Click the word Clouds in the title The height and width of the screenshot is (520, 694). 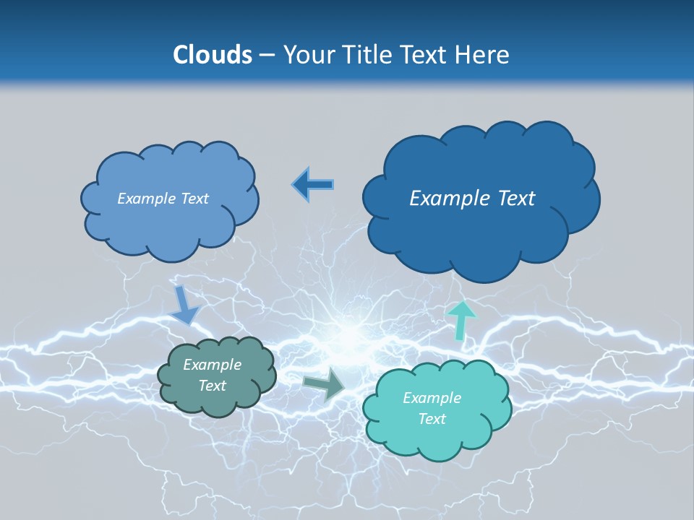pyautogui.click(x=212, y=55)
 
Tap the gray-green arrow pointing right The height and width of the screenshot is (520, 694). pyautogui.click(x=325, y=384)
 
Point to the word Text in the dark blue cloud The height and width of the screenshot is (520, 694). pyautogui.click(x=515, y=198)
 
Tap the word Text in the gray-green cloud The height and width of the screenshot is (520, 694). pyautogui.click(x=212, y=386)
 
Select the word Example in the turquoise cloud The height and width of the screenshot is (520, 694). pyautogui.click(x=432, y=398)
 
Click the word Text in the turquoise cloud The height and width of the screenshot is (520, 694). pyautogui.click(x=432, y=419)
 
